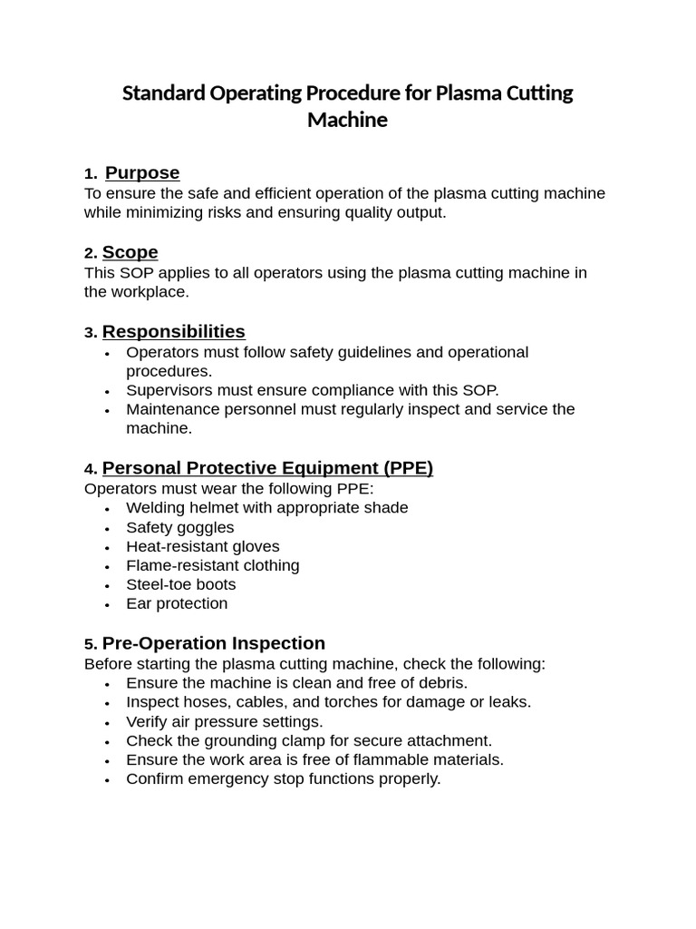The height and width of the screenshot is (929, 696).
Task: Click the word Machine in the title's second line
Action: [x=347, y=120]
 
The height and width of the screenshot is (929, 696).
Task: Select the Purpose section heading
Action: [x=142, y=173]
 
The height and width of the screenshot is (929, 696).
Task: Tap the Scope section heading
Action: [x=130, y=252]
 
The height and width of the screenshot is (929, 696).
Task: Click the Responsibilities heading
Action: [x=173, y=332]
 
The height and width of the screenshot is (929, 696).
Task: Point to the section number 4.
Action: [x=90, y=469]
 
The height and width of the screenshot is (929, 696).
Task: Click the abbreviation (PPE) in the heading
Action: [x=408, y=468]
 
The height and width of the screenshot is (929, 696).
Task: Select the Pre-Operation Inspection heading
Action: [x=213, y=643]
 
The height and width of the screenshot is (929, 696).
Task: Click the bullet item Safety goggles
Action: [x=179, y=527]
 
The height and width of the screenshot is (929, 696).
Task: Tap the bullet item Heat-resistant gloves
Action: [x=202, y=546]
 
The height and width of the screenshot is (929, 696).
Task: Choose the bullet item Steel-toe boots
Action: [x=180, y=584]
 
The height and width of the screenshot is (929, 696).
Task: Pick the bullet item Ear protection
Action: [x=177, y=603]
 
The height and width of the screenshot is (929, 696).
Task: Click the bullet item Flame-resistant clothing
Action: [x=212, y=565]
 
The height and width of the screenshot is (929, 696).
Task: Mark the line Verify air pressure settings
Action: [x=224, y=721]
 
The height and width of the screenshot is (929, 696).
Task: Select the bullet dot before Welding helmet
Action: [x=107, y=509]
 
